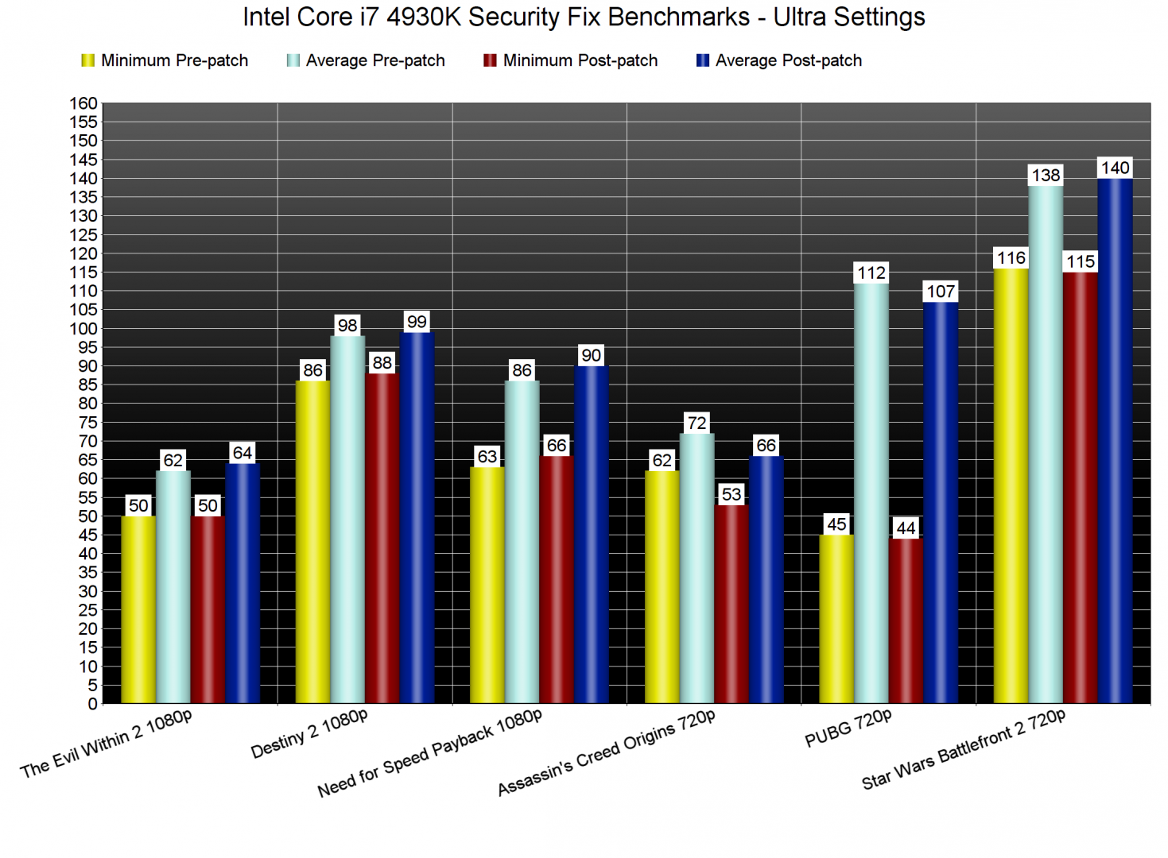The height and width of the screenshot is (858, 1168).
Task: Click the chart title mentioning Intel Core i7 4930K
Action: pyautogui.click(x=584, y=17)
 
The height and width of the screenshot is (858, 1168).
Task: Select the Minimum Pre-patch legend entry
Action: pyautogui.click(x=165, y=60)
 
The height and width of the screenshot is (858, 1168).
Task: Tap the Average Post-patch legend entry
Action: pyautogui.click(x=779, y=60)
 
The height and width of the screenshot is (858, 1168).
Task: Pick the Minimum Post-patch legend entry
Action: pyautogui.click(x=570, y=60)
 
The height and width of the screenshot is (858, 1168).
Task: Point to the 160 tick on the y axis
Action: pyautogui.click(x=83, y=103)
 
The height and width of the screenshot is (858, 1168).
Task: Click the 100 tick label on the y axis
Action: pyautogui.click(x=83, y=329)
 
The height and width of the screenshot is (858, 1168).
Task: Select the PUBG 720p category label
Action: pyautogui.click(x=848, y=729)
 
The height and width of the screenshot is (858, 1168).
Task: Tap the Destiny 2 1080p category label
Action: pyautogui.click(x=308, y=734)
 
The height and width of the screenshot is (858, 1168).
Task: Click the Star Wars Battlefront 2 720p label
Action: pyautogui.click(x=963, y=750)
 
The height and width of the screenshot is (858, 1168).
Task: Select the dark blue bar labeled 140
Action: pyautogui.click(x=1115, y=441)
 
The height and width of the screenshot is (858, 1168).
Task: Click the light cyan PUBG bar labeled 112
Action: pyautogui.click(x=871, y=493)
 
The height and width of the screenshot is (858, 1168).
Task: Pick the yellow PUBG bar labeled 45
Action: pyautogui.click(x=836, y=619)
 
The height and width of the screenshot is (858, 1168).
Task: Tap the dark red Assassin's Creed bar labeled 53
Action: pyautogui.click(x=731, y=604)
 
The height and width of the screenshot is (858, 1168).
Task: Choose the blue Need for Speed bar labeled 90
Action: pyautogui.click(x=591, y=535)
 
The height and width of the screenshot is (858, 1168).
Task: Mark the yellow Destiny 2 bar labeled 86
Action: pyautogui.click(x=312, y=542)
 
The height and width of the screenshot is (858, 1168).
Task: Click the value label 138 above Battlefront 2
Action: pyautogui.click(x=1046, y=176)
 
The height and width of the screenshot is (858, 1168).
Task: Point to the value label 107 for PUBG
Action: pyautogui.click(x=941, y=292)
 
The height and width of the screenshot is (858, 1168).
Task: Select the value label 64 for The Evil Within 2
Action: pyautogui.click(x=243, y=453)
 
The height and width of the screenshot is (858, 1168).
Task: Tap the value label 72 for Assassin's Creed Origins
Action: pyautogui.click(x=697, y=423)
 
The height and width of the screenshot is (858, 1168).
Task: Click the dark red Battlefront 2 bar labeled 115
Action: pyautogui.click(x=1080, y=488)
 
